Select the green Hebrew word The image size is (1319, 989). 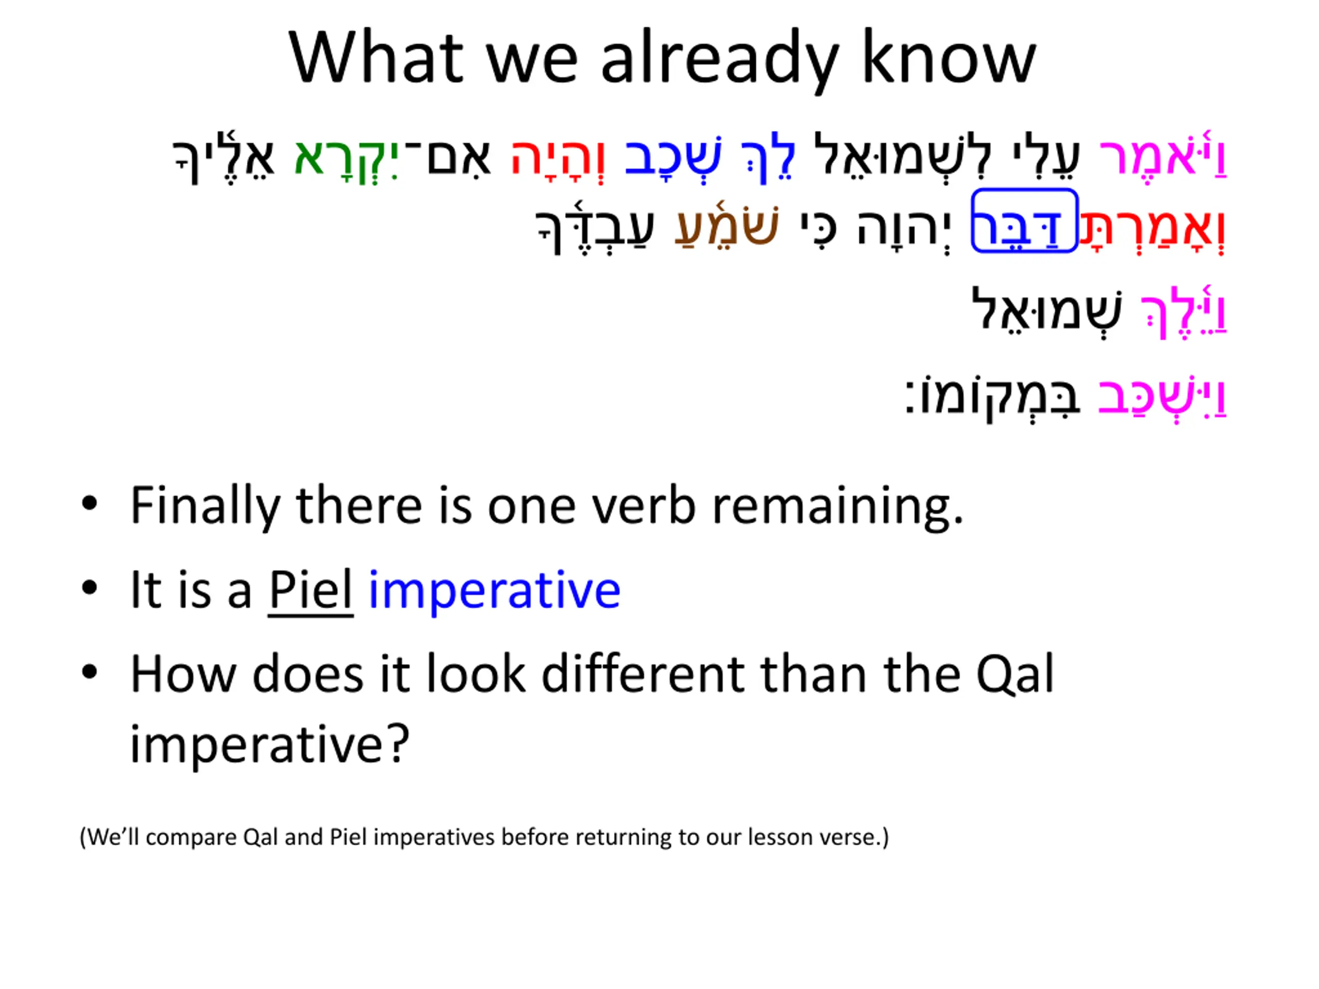(x=346, y=158)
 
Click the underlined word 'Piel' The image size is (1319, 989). (x=311, y=590)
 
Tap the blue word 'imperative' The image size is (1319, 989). (x=494, y=590)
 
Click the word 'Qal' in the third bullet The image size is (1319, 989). (x=1016, y=674)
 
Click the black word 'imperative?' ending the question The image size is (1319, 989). (x=269, y=744)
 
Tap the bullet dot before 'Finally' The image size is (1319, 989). (x=90, y=504)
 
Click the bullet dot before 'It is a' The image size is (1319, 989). (x=90, y=588)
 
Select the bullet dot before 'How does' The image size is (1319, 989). (x=90, y=672)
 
